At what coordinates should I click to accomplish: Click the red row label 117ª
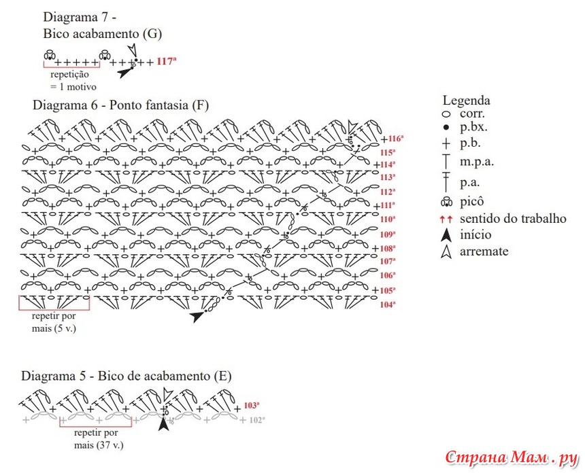(x=167, y=60)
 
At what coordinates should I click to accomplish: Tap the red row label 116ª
(x=396, y=139)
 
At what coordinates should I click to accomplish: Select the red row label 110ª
(x=388, y=219)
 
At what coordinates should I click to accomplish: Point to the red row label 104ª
(x=388, y=304)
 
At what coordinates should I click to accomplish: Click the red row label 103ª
(x=252, y=405)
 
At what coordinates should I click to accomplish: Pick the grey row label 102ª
(x=256, y=420)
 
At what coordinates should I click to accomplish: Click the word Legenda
(x=466, y=101)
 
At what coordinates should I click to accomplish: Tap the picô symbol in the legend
(x=447, y=202)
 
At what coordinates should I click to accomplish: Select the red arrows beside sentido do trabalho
(x=446, y=219)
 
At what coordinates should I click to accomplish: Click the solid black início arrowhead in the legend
(x=446, y=235)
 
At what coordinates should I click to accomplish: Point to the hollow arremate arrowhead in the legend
(x=446, y=252)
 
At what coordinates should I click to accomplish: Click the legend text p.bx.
(x=473, y=127)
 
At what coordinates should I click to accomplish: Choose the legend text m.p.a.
(x=477, y=162)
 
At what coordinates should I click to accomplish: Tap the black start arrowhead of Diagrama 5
(x=163, y=424)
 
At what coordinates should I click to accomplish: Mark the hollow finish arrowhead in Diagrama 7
(x=132, y=50)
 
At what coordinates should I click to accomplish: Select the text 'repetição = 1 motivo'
(x=73, y=80)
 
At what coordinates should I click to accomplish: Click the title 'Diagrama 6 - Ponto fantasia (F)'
(x=120, y=105)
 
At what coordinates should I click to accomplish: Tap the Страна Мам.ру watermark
(x=511, y=457)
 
